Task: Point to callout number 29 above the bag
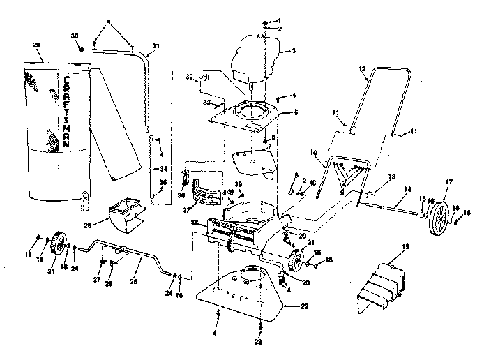pos(36,44)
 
